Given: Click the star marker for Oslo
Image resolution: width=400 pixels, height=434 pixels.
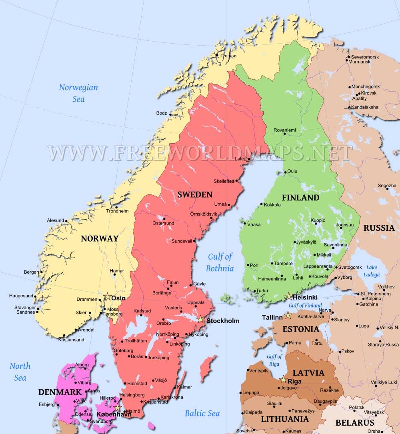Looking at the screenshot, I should pos(107,297).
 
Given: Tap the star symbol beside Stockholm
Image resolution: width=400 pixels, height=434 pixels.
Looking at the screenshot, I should pos(201,320).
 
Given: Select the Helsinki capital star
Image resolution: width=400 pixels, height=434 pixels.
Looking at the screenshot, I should pos(288,296).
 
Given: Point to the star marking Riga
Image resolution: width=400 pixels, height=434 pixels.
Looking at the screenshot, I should pos(284,379).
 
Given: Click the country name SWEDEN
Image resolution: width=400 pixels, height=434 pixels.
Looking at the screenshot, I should pos(195,194).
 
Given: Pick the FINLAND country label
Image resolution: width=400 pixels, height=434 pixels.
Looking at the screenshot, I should pos(300,198).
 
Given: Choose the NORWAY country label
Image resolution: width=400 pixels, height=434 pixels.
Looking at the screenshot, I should pos(100,239).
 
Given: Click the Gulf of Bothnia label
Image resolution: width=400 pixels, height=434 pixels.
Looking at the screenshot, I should pos(220,262).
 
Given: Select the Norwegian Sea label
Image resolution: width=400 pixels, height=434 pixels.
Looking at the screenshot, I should pos(78,93).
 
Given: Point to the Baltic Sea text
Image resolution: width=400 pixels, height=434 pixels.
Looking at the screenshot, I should pos(202,413).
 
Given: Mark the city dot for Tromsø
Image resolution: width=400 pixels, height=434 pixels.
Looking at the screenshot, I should pos(217,56).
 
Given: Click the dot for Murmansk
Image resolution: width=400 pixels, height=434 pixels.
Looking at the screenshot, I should pos(347,62).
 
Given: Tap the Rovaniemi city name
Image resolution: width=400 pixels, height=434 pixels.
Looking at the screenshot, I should pos(285,130).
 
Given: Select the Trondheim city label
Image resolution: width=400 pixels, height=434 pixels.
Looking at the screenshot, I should pos(117,211).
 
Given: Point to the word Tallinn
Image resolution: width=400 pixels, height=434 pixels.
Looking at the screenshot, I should pos(272,317).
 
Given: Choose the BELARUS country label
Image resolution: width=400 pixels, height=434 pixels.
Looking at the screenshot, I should pos(354,422).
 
